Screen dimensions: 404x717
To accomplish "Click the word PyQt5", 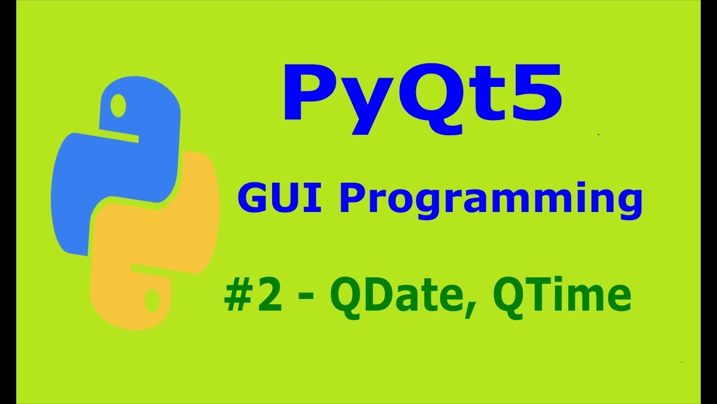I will [423, 95].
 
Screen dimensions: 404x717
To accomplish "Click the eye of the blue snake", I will [118, 105].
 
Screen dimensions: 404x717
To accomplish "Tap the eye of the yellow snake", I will [153, 302].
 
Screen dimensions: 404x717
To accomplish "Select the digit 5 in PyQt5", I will [535, 93].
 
